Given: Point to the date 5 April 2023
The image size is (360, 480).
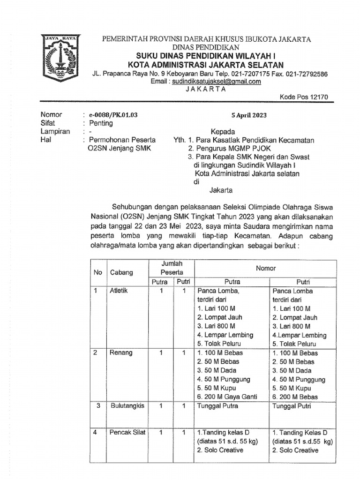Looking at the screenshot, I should (x=249, y=114).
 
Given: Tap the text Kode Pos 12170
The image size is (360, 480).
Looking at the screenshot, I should (x=304, y=97).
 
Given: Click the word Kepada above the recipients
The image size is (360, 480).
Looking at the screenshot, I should (x=223, y=132).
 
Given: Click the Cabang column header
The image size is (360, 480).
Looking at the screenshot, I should (x=121, y=272).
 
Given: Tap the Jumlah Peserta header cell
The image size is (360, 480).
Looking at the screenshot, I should (x=172, y=268).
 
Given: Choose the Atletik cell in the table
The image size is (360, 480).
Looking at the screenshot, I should (x=119, y=291).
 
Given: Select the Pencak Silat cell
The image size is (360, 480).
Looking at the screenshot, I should (x=127, y=433).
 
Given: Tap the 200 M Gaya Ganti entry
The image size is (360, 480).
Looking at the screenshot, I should (x=228, y=397).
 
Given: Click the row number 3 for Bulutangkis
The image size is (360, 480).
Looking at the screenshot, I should (x=98, y=406).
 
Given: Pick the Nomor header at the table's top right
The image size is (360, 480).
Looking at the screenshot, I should (x=265, y=268).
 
